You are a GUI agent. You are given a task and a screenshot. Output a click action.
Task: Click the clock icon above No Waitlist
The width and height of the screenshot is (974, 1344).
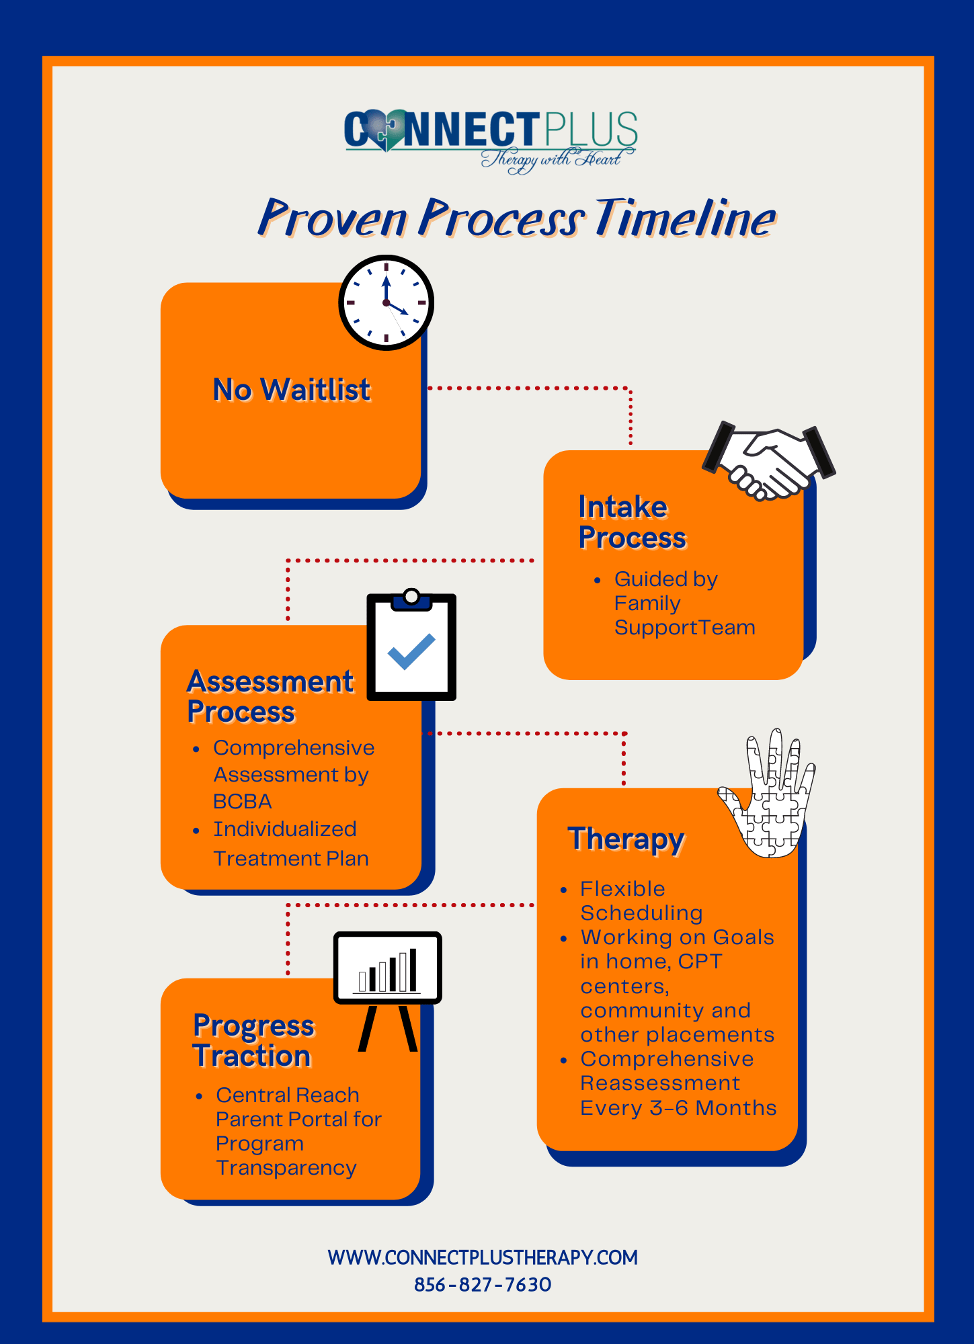click(386, 302)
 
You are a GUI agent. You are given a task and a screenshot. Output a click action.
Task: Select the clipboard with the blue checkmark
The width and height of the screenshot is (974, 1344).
click(411, 648)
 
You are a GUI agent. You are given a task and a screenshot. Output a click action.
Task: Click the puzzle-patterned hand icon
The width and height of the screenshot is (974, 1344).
click(770, 797)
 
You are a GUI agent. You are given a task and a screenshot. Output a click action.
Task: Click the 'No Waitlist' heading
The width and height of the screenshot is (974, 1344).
click(291, 390)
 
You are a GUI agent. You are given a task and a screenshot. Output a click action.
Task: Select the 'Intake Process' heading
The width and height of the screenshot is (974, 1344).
click(632, 522)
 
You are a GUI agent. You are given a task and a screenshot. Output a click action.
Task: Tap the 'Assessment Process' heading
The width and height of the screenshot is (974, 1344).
click(270, 696)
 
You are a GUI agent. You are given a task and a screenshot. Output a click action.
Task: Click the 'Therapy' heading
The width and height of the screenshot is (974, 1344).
click(626, 839)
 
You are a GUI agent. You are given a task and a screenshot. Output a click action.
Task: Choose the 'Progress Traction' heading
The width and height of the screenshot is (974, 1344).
click(253, 1040)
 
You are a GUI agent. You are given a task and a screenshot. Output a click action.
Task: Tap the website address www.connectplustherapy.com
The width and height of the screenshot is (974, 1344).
click(483, 1257)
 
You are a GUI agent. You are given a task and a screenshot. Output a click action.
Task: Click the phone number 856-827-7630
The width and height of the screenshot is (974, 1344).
click(483, 1285)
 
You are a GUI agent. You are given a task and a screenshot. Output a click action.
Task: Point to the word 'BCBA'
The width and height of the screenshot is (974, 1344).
click(242, 802)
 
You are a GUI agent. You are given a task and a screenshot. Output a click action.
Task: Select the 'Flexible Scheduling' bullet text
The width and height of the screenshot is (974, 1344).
click(641, 900)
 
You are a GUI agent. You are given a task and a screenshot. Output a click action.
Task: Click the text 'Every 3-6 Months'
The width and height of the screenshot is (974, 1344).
click(678, 1107)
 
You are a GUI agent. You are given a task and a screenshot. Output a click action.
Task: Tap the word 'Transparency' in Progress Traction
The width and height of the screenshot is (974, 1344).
click(286, 1168)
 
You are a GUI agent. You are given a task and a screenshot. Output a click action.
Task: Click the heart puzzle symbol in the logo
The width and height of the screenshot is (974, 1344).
click(385, 130)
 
